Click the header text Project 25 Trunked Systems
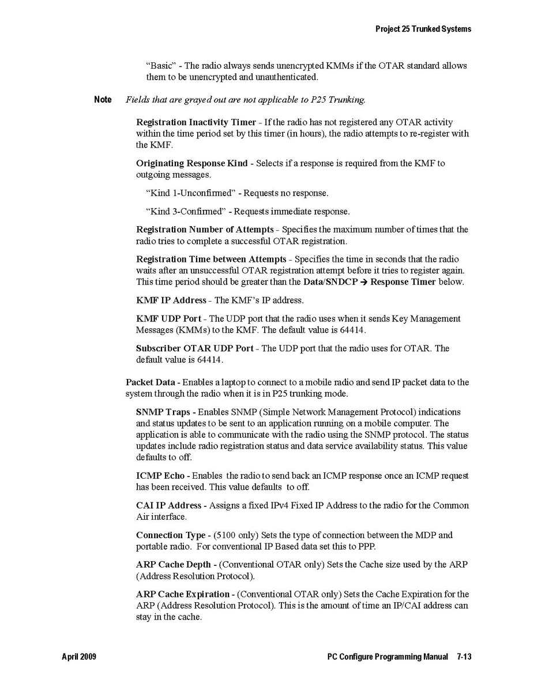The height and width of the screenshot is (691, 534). [423, 29]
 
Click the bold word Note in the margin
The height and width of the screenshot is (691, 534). [103, 100]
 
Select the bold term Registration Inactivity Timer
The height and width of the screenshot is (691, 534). [196, 122]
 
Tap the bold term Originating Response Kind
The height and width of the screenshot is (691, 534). [191, 163]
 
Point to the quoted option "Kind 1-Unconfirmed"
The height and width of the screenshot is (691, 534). [190, 193]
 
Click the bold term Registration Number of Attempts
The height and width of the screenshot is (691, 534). [205, 230]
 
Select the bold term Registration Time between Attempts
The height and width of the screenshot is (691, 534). [210, 259]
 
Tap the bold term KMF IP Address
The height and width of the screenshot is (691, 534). [171, 301]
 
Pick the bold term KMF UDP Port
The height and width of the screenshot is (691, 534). [168, 318]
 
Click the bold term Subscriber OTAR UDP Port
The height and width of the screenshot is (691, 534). [194, 348]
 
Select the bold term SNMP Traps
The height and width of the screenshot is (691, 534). [163, 412]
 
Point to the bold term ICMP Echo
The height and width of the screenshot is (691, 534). [160, 476]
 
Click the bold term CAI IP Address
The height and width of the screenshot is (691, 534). [168, 505]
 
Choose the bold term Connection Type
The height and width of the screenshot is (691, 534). [171, 535]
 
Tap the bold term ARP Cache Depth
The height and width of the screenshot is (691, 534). [173, 565]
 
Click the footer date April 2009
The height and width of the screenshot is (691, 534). [79, 656]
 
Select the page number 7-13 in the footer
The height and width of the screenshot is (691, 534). [464, 656]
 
